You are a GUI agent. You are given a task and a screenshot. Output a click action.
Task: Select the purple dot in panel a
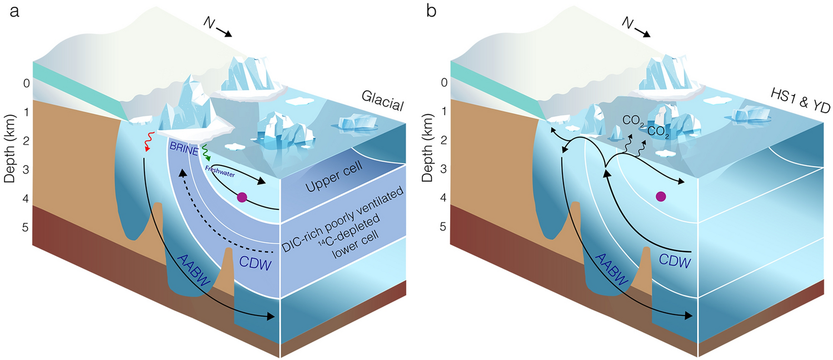pyautogui.click(x=242, y=197)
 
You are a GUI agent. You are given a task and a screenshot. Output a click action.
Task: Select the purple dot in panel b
pyautogui.click(x=661, y=196)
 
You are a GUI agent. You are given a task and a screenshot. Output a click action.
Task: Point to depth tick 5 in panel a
pyautogui.click(x=21, y=227)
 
